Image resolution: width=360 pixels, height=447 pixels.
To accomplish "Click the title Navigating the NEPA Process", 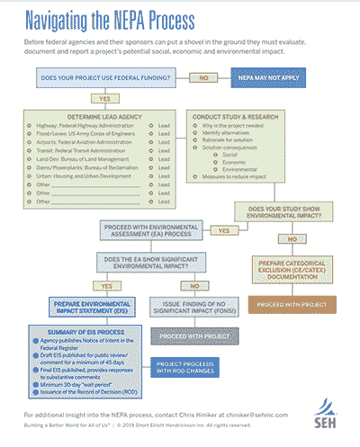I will click(x=120, y=19).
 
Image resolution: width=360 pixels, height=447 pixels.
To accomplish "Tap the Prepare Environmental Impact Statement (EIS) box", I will click(x=76, y=308).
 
